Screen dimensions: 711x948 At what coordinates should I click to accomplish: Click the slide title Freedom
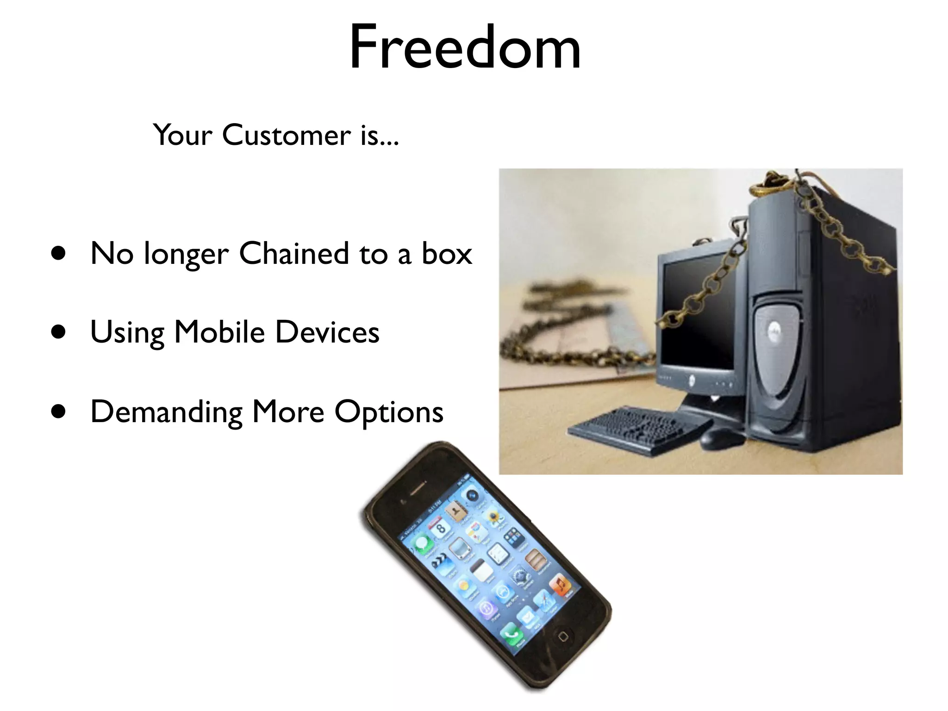click(465, 48)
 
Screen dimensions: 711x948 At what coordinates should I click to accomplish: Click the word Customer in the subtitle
click(287, 135)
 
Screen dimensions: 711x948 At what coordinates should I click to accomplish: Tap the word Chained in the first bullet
click(294, 254)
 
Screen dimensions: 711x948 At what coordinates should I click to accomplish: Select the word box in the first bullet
click(447, 254)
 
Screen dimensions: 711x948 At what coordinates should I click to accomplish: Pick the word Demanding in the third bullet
click(166, 412)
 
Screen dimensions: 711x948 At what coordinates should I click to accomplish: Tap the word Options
click(389, 412)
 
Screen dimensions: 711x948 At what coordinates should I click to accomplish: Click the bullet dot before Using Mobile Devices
click(58, 332)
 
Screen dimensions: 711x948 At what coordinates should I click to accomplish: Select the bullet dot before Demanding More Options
click(58, 412)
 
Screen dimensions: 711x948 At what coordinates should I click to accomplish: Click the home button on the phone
click(563, 636)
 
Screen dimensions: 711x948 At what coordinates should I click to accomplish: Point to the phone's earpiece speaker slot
click(417, 489)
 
